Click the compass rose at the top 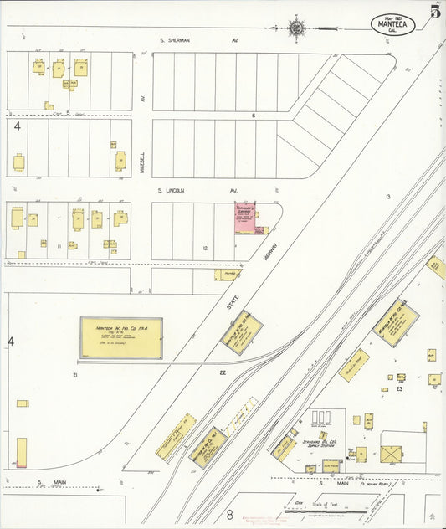coord(297,27)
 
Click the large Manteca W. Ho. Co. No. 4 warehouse coord(121,337)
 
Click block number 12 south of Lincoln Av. coord(205,247)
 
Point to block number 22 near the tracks coord(223,372)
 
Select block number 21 coord(74,374)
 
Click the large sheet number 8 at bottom coord(228,515)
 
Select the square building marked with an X coord(391,454)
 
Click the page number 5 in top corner coord(435,12)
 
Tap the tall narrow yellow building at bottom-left coord(21,452)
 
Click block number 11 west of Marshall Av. coord(59,247)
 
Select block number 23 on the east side coord(400,388)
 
